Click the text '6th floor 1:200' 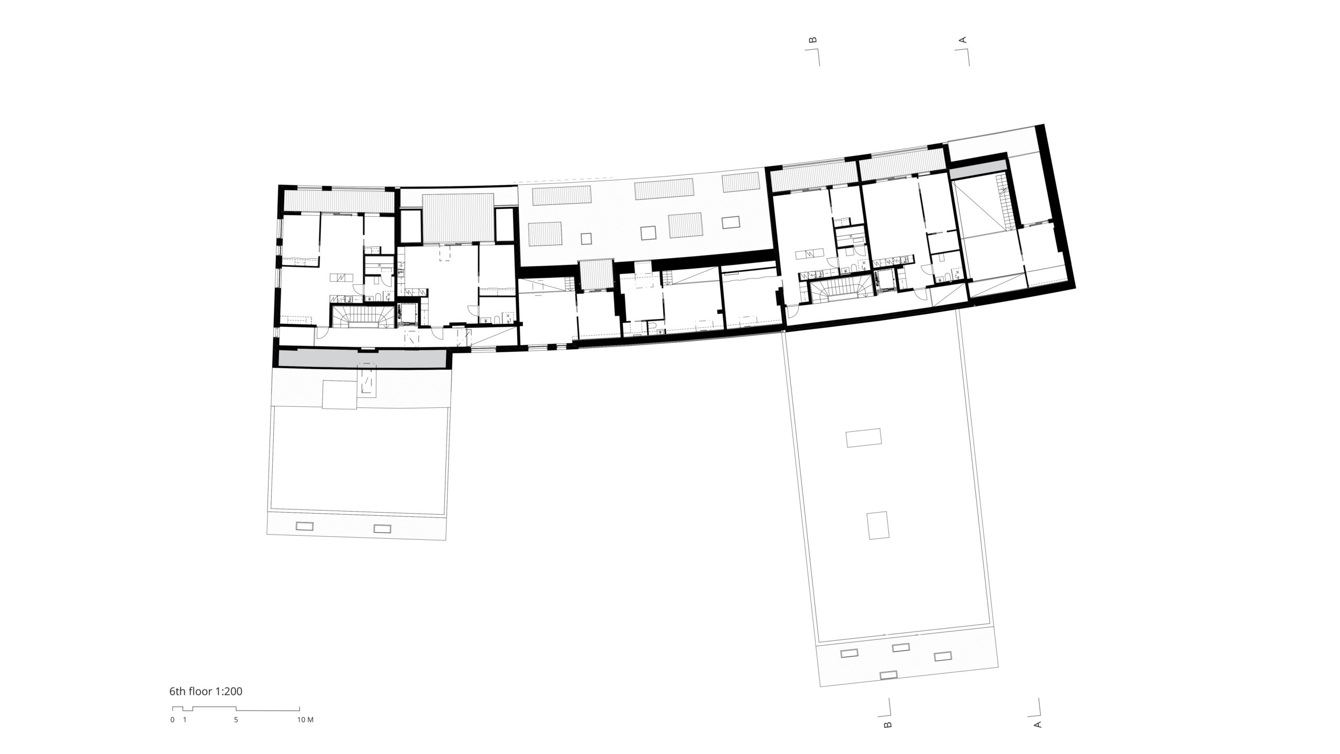[206, 691]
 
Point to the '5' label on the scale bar [236, 719]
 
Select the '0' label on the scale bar [172, 719]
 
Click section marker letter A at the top [962, 40]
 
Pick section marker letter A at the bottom [1037, 725]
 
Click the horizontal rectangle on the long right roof [864, 438]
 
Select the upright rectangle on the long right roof [878, 526]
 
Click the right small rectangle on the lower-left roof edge [382, 529]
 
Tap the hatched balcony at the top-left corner [338, 201]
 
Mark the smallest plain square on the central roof [586, 238]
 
